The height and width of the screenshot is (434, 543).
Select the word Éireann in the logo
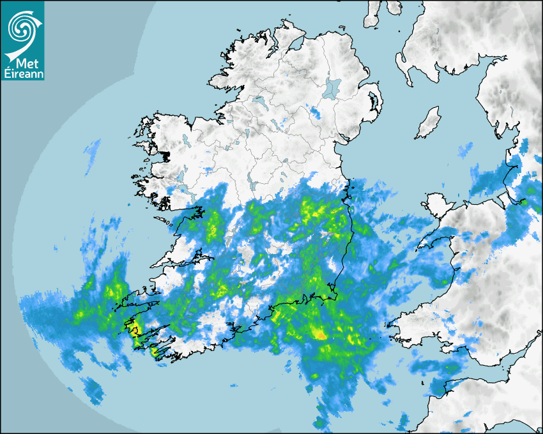click(22, 74)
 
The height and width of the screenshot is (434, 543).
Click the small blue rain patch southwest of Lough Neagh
click(316, 112)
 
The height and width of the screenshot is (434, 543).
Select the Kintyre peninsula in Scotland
click(373, 16)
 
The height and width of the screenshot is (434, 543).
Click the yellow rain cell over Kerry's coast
click(133, 329)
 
